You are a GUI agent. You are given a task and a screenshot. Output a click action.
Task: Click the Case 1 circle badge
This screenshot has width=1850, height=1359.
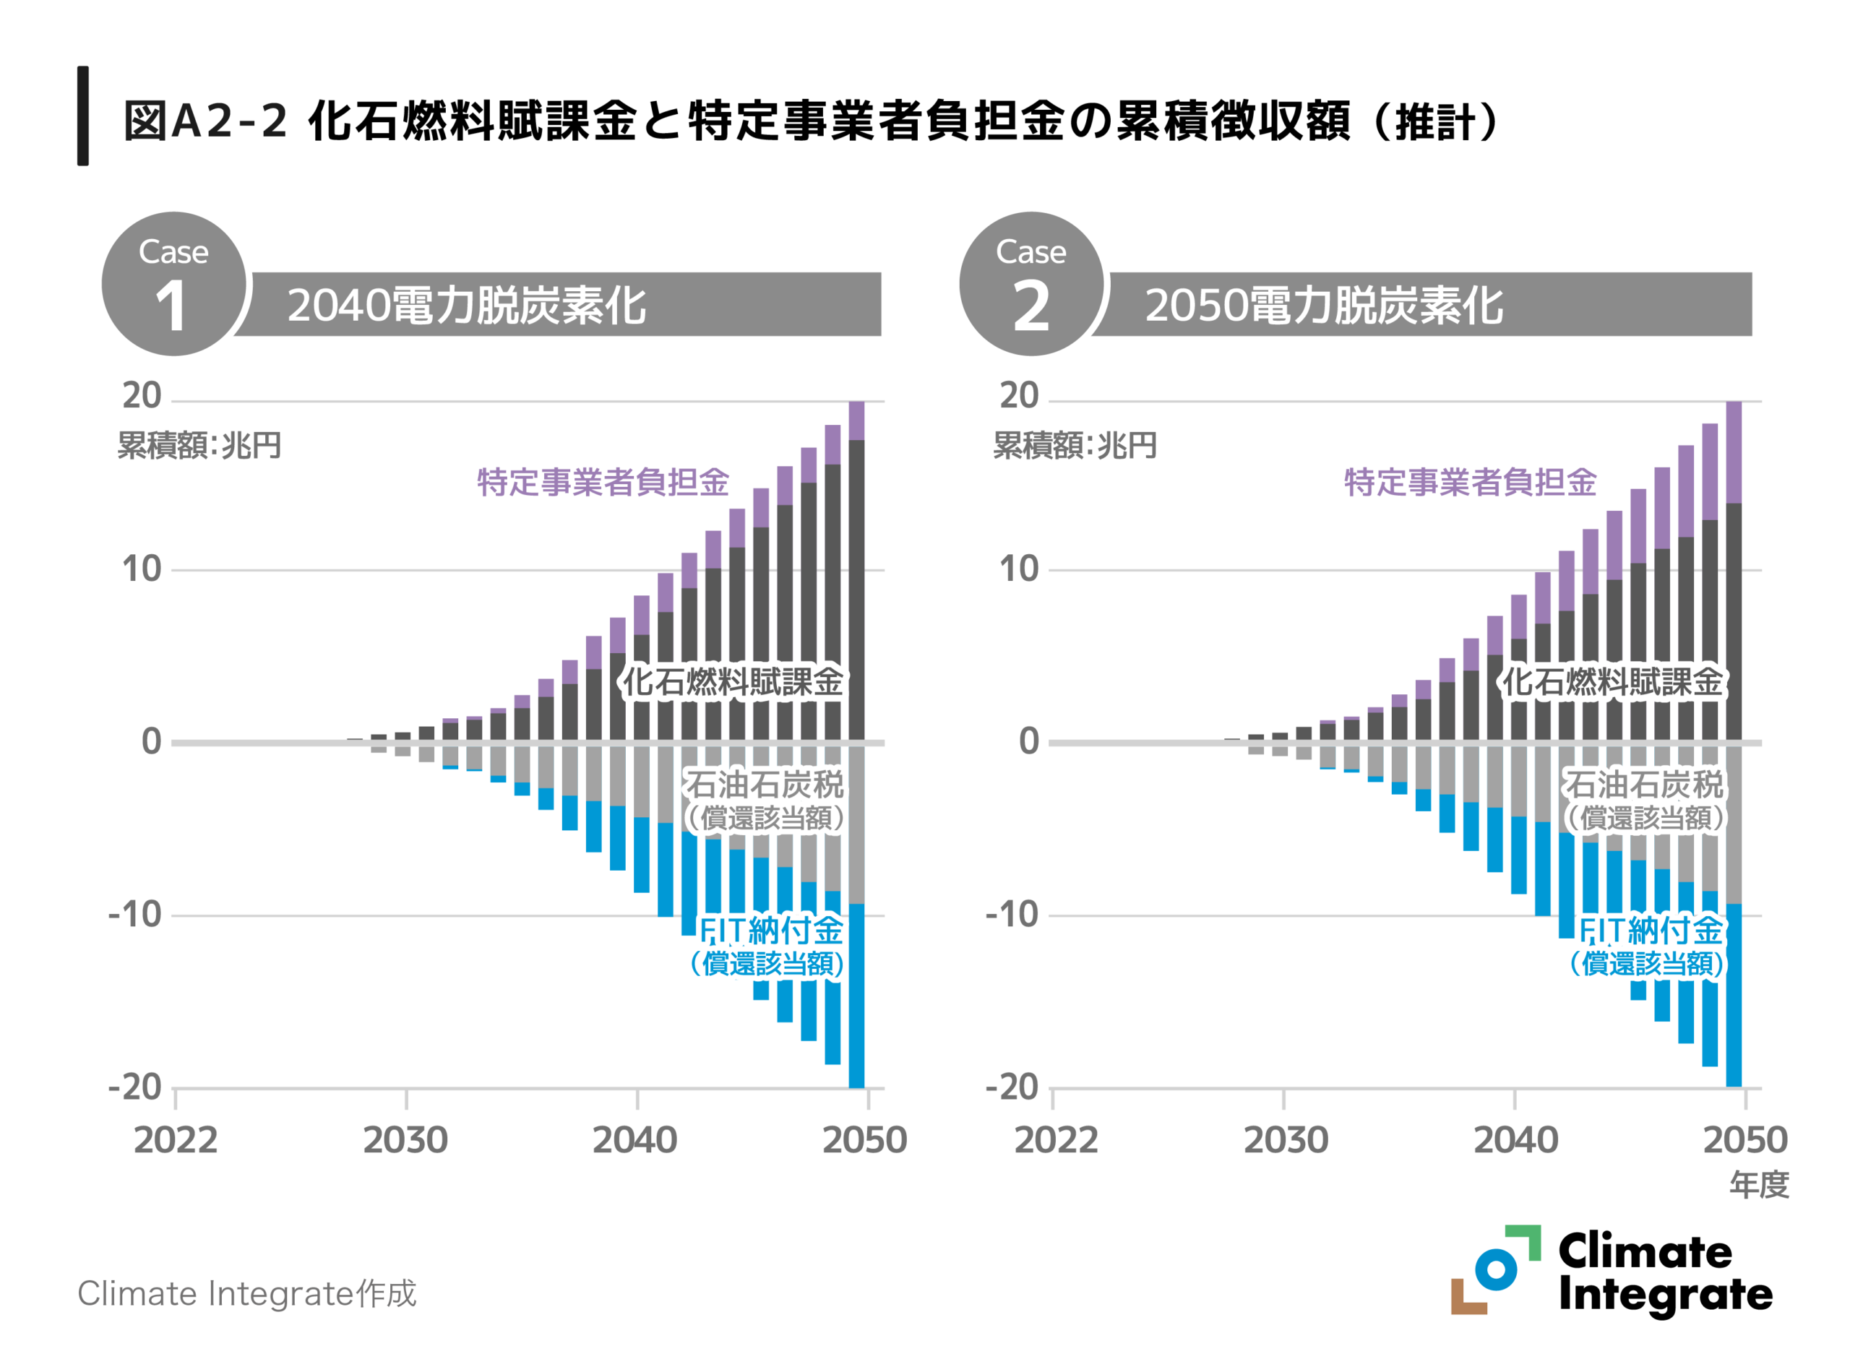pos(173,284)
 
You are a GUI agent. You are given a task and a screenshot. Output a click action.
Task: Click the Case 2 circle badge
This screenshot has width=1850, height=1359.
pos(1031,284)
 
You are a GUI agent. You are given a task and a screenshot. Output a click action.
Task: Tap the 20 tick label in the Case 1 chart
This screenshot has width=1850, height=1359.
pos(142,396)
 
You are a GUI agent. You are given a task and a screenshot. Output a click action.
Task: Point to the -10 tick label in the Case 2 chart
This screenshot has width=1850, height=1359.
pos(1011,914)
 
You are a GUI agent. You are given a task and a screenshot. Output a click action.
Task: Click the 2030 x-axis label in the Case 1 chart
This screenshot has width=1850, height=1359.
pos(405,1140)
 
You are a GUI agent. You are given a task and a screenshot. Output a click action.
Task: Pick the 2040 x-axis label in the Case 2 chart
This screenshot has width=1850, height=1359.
pos(1515,1140)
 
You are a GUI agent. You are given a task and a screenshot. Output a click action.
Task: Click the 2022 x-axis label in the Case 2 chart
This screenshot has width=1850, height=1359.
pos(1055,1140)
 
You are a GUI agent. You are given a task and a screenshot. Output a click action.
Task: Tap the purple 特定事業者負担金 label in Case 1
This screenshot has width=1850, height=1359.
pos(603,482)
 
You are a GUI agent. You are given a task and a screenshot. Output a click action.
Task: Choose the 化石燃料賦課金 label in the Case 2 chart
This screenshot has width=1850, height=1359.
pos(1612,682)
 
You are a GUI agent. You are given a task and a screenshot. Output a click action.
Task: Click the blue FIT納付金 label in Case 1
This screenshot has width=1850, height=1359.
pos(771,931)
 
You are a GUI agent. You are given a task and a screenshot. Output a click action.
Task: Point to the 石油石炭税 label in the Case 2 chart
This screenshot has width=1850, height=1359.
pos(1643,784)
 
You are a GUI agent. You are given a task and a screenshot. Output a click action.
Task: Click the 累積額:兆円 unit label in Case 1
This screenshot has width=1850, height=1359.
pos(199,445)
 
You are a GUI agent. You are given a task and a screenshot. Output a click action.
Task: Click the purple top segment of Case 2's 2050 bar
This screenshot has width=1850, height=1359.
pos(1733,452)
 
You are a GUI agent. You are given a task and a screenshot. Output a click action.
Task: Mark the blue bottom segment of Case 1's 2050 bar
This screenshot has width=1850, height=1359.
pos(856,996)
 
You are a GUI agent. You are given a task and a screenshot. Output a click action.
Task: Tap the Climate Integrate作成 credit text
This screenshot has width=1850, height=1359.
pos(246,1293)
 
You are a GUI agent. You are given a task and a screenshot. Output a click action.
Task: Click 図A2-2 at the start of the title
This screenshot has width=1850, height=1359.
pos(205,121)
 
